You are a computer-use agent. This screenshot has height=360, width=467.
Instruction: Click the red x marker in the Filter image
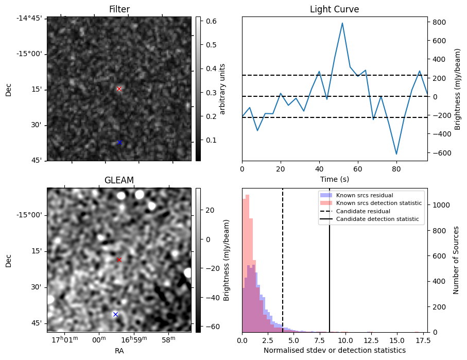coord(119,89)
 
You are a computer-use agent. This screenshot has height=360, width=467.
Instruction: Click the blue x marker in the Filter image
coord(119,142)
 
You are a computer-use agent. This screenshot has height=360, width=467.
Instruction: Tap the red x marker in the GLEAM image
coord(119,260)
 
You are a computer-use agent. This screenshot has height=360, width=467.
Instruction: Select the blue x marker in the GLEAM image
coord(115,314)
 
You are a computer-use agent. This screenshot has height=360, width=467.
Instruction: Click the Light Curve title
coord(334,9)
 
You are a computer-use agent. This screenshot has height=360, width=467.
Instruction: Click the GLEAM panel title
coord(119,180)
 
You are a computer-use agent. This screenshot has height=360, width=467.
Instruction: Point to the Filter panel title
coord(119,9)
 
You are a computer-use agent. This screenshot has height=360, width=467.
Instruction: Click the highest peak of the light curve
coord(342,23)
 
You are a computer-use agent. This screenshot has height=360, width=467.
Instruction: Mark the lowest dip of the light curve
coord(396,154)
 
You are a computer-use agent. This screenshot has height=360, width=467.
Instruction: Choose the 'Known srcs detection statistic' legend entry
coord(378,203)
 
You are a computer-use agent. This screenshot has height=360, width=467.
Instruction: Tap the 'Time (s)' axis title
coord(334,179)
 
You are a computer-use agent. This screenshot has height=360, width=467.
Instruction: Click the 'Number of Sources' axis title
coord(456,260)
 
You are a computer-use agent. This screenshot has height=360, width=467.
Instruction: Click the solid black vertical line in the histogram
coord(330,268)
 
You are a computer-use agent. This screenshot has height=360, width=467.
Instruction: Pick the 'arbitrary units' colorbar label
coord(222,89)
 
